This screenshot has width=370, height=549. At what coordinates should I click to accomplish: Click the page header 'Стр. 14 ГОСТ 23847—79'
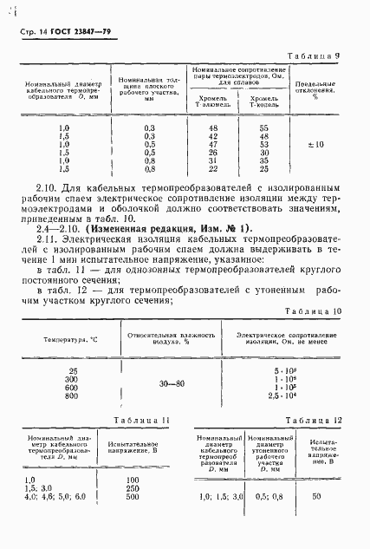click(68, 33)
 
